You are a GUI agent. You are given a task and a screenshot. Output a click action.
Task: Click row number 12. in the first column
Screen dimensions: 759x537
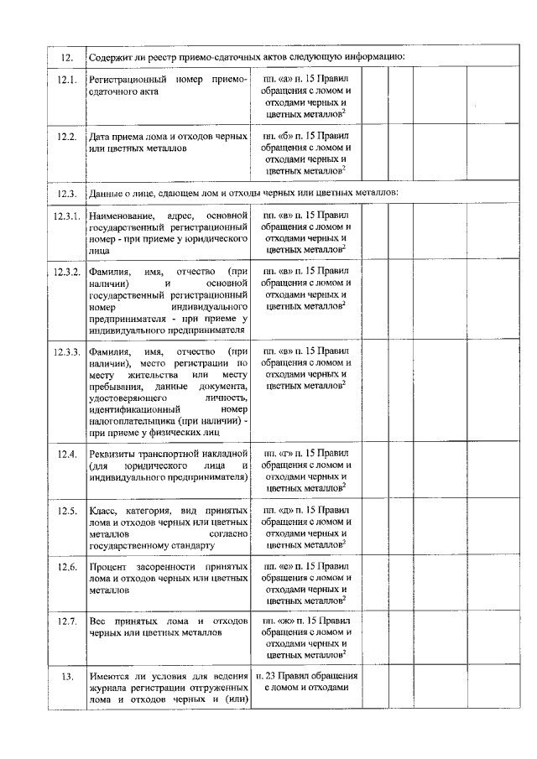click(67, 57)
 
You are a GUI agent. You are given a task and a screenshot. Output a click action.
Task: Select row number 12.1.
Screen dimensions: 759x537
click(67, 81)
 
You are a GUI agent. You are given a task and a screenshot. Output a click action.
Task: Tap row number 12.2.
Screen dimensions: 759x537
click(67, 136)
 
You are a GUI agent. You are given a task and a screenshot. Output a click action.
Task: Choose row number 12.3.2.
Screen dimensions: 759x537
click(67, 273)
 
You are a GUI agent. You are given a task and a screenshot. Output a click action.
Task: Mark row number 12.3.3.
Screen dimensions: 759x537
click(67, 351)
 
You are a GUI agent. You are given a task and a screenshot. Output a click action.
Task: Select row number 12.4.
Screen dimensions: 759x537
click(67, 454)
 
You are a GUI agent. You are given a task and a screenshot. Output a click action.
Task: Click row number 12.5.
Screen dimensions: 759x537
click(67, 511)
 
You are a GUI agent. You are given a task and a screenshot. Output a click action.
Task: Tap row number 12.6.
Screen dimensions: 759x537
click(67, 567)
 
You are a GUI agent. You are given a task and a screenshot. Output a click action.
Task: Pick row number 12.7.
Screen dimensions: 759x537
click(67, 622)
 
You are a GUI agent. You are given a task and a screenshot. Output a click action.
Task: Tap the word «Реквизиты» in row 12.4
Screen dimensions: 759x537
click(113, 454)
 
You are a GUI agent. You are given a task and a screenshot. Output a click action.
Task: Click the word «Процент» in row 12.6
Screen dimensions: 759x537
click(108, 567)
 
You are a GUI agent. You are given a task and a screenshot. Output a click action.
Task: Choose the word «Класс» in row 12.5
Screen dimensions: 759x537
click(103, 510)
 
